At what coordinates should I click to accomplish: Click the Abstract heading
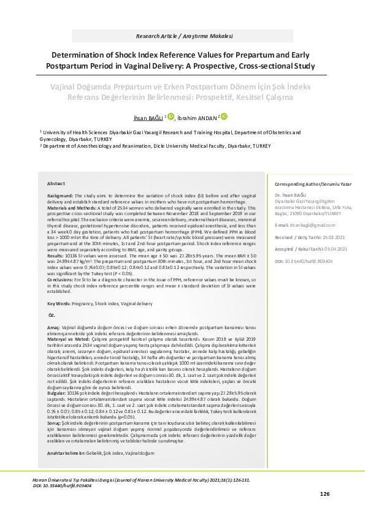click(56, 183)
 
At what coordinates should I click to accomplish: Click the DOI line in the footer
click(63, 485)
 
